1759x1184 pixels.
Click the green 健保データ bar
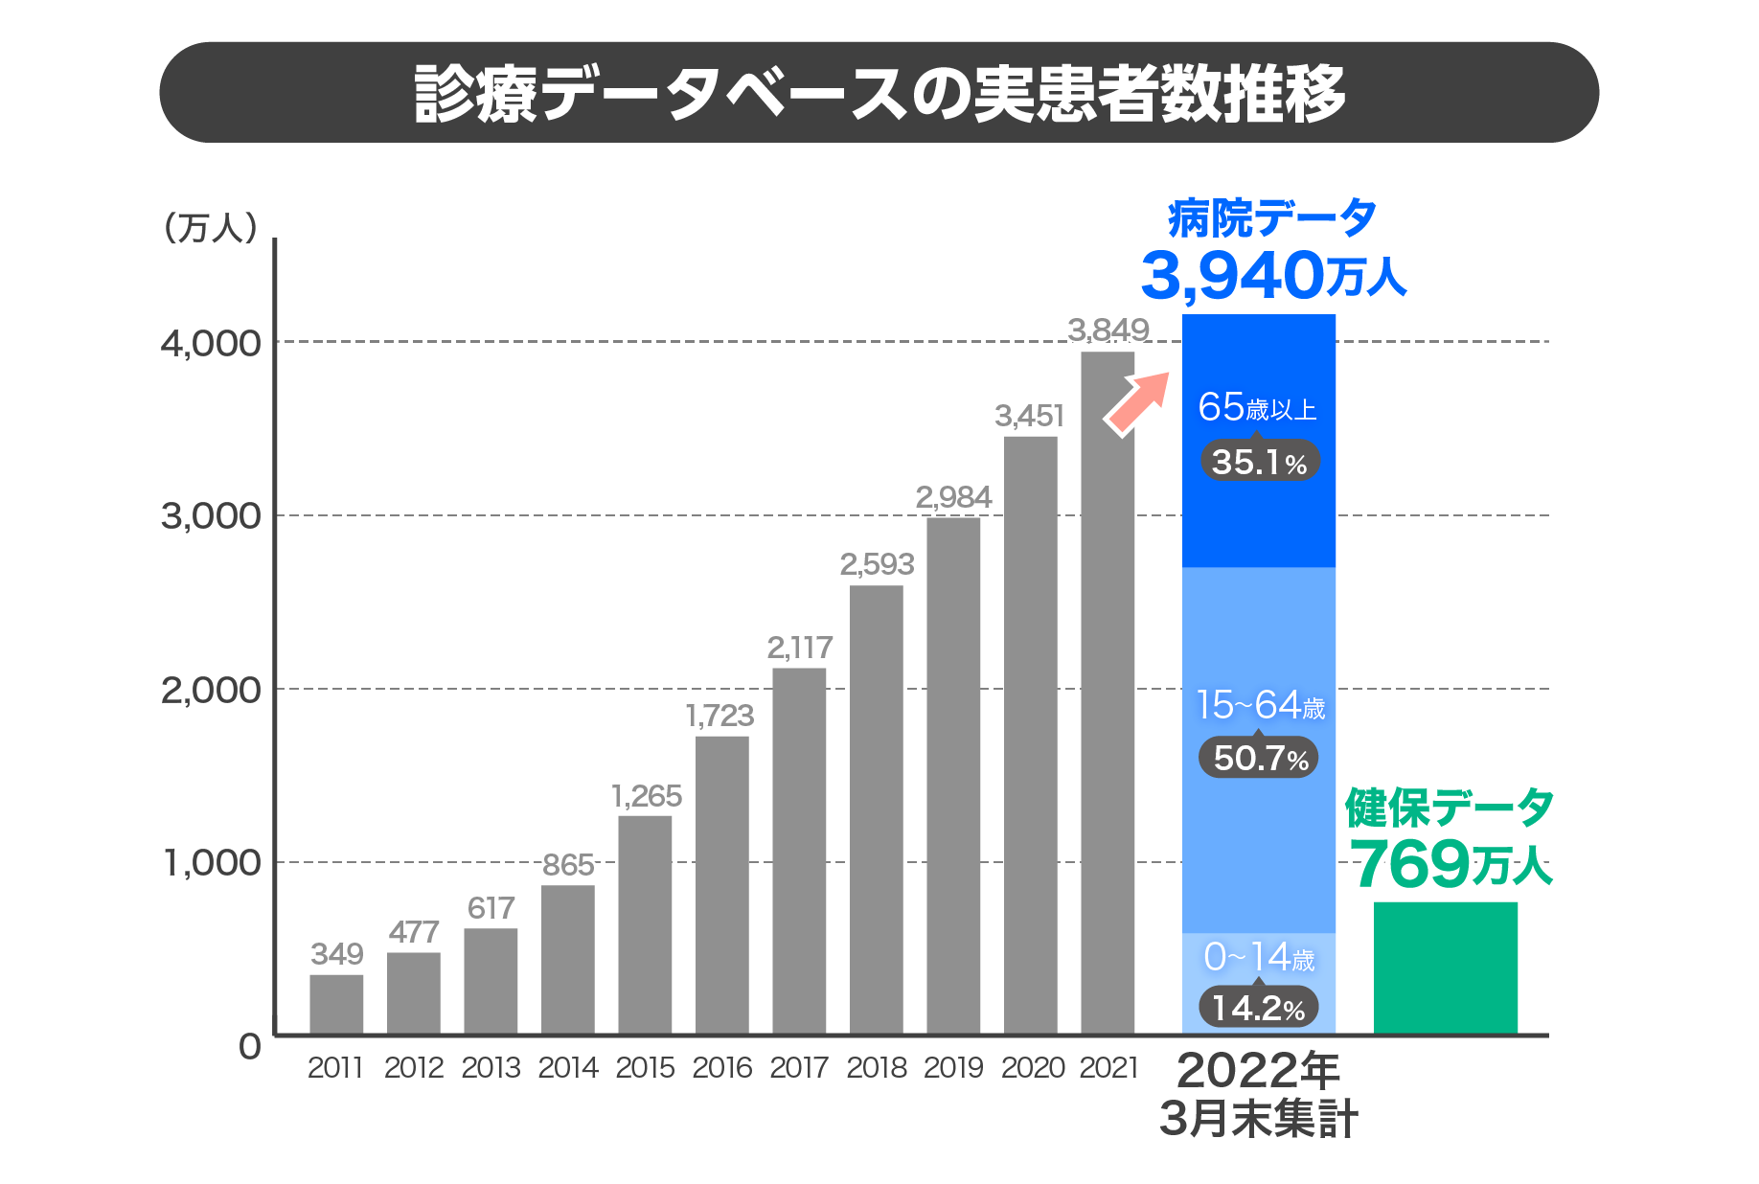[x=1445, y=968]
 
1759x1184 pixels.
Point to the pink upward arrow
[x=1138, y=402]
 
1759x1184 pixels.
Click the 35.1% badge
[x=1260, y=462]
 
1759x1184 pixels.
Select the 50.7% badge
[x=1260, y=758]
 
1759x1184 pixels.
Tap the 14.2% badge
[x=1259, y=1008]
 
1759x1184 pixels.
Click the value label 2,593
[x=877, y=564]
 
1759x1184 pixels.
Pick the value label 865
[x=568, y=865]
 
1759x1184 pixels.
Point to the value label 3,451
[x=1030, y=416]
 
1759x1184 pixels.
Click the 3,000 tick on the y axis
[x=211, y=516]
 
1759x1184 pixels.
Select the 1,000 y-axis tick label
[x=211, y=863]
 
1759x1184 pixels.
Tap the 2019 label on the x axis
[x=953, y=1068]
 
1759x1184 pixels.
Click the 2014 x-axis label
[x=568, y=1068]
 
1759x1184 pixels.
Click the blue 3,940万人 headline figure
[x=1272, y=276]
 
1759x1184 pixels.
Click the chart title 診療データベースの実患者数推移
[x=879, y=93]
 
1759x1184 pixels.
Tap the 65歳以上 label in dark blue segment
[x=1257, y=408]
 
